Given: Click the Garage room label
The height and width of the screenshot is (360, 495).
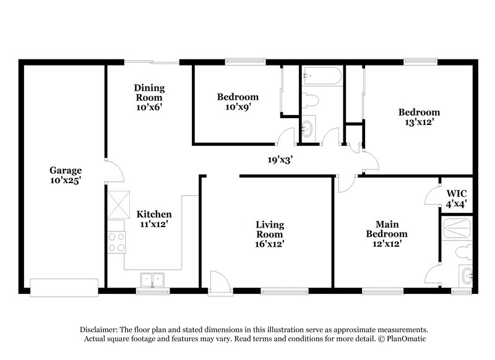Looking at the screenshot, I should click(x=66, y=171).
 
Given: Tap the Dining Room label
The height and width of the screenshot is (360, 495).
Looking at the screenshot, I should click(x=149, y=93).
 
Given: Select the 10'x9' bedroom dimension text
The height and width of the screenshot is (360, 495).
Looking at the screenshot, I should click(x=238, y=106).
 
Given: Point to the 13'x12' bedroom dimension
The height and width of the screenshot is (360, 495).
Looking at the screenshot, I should click(x=419, y=122).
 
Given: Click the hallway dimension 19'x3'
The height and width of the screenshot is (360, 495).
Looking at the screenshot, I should click(x=280, y=160).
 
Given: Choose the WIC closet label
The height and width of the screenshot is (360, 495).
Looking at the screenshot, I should click(x=456, y=192).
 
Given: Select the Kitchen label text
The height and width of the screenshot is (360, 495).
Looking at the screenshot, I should click(x=154, y=215).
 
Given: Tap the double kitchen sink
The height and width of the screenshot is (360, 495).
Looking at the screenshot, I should click(x=152, y=280).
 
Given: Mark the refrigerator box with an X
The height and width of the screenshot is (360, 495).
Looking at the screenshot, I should click(x=119, y=206).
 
